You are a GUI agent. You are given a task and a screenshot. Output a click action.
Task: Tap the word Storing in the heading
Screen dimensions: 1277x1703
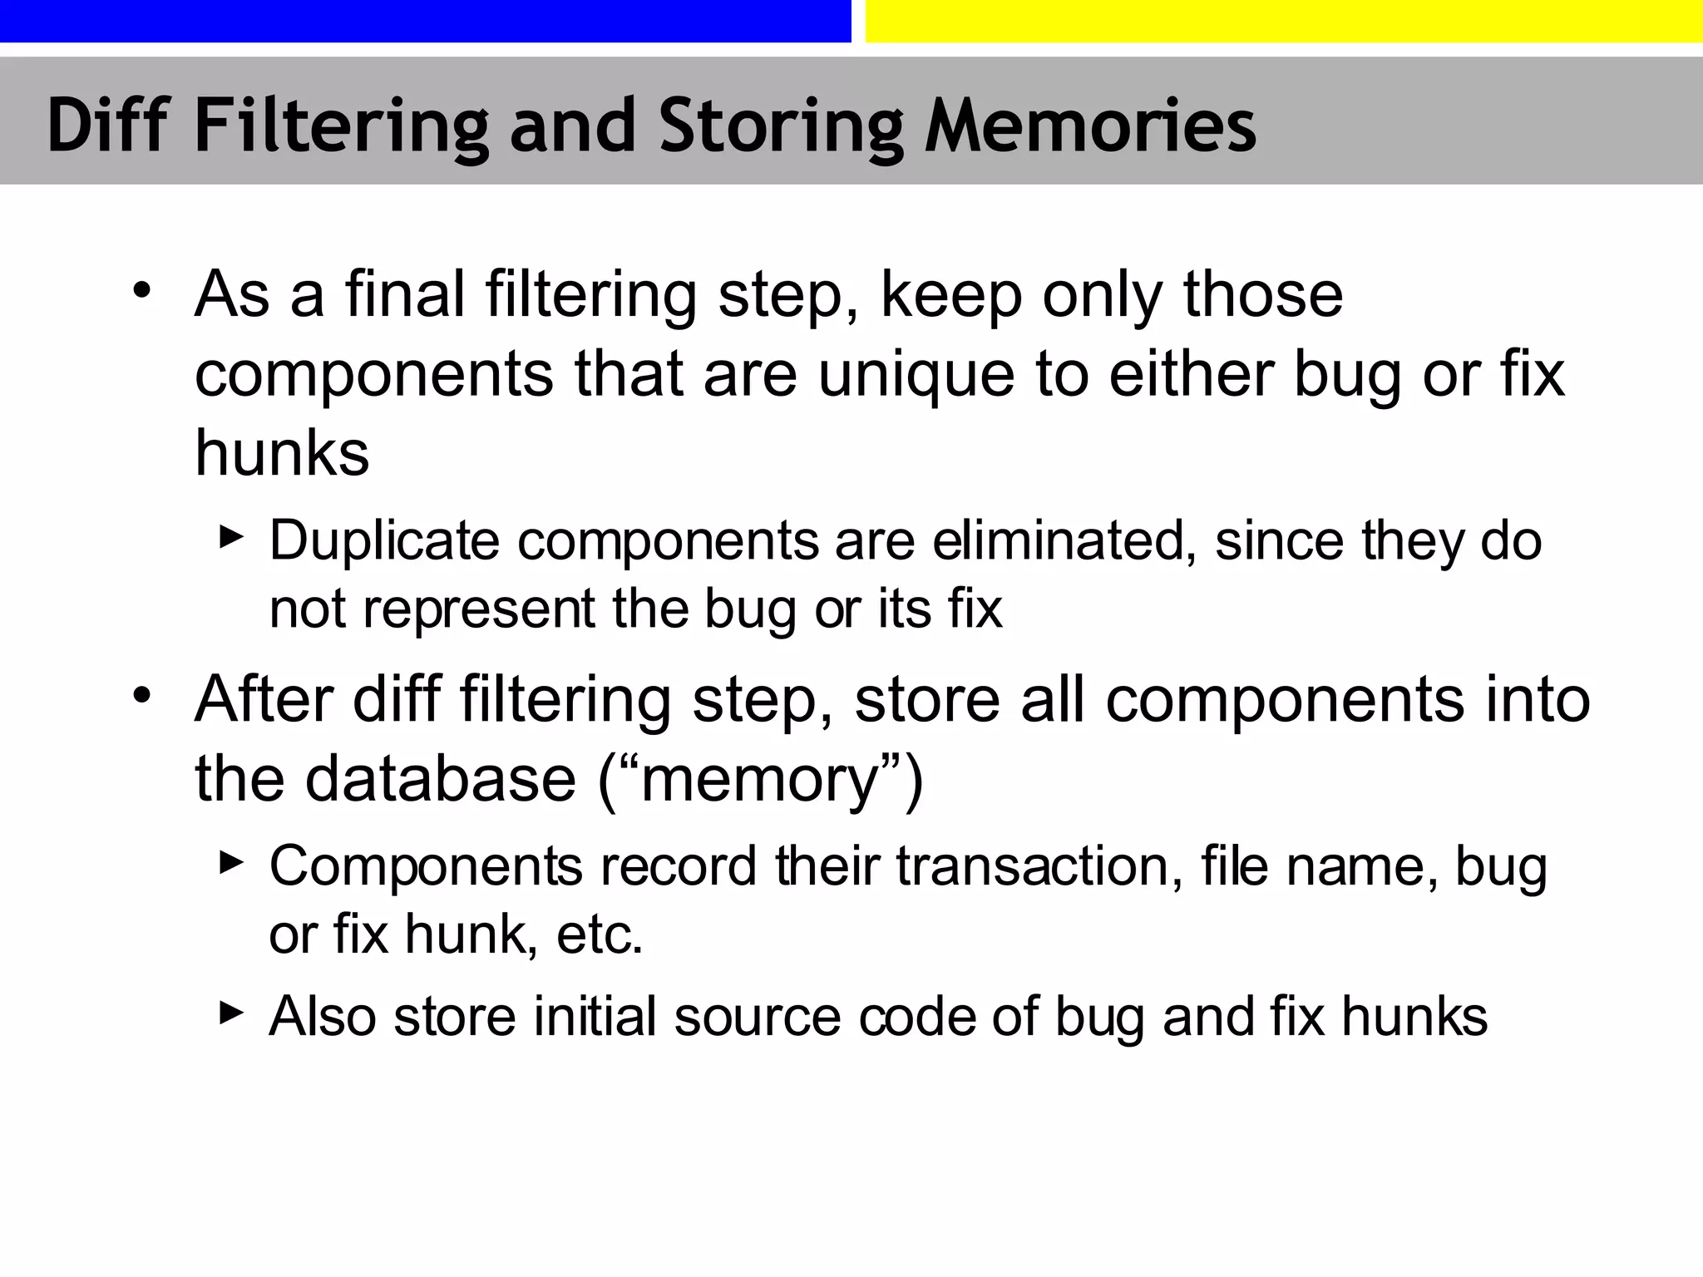point(781,126)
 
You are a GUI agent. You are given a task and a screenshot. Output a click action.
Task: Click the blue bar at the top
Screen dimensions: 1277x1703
point(425,21)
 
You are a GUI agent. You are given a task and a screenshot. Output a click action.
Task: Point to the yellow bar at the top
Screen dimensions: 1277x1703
point(1284,21)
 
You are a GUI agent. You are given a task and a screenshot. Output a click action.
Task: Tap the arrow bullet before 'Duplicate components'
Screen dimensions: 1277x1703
point(231,537)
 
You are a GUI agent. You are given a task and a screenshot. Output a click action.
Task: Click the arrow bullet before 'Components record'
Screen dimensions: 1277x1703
point(231,863)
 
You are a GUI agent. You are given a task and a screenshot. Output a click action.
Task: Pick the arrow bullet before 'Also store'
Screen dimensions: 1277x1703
point(231,1013)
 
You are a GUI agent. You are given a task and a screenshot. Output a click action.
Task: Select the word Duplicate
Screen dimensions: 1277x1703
point(384,541)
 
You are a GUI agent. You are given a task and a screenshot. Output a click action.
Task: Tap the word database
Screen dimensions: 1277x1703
point(441,779)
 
